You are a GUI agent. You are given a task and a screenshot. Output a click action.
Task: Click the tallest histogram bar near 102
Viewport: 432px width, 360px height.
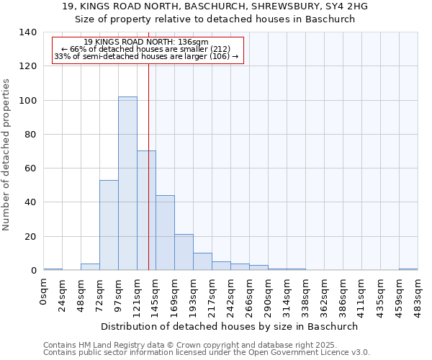(x=127, y=184)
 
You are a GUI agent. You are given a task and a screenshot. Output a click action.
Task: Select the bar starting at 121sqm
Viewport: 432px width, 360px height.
(x=146, y=210)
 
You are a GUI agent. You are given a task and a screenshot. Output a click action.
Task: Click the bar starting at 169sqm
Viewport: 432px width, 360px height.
(x=184, y=252)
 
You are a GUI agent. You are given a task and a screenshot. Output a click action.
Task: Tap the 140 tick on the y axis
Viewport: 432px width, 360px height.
(x=27, y=32)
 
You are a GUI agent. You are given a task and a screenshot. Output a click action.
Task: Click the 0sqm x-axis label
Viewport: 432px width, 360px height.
(x=44, y=292)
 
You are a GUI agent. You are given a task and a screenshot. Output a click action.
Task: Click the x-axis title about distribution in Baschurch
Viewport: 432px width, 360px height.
(x=229, y=326)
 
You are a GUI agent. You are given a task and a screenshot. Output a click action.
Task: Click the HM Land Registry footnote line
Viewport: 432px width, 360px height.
(x=189, y=345)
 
